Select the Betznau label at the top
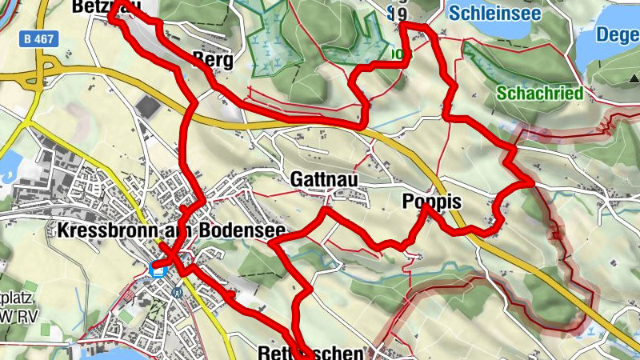[x=100, y=6]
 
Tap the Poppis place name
[x=432, y=202]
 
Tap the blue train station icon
[x=158, y=270]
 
